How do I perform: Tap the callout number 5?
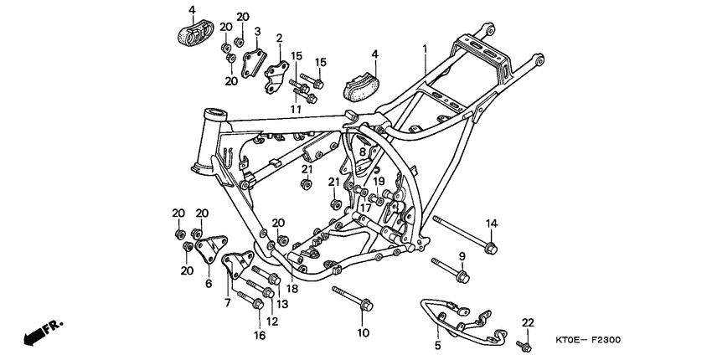pos(437,343)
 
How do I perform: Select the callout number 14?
pos(492,223)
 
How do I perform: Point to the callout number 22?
pos(527,322)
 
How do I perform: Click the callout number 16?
pos(260,336)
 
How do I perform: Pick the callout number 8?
pos(362,152)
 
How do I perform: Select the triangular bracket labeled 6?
pos(209,246)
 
